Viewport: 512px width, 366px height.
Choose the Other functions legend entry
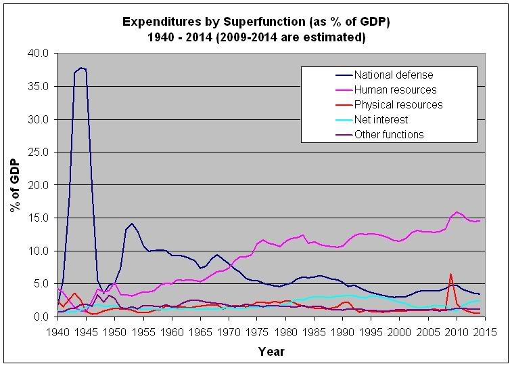[381, 134]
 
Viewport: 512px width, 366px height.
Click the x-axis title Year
[271, 352]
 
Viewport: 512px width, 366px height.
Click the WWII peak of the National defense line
[81, 68]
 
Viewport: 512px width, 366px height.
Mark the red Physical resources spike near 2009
[450, 274]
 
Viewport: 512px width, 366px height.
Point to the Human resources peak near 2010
[457, 212]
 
